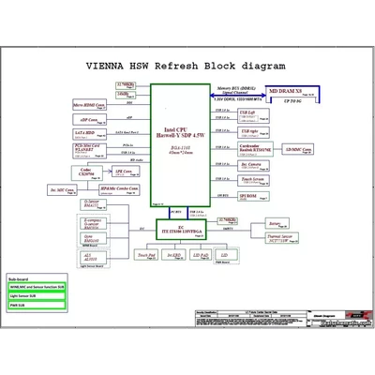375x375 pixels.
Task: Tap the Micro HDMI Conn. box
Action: [x=89, y=106]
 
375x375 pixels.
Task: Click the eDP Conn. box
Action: [x=89, y=120]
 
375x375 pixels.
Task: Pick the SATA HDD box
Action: [x=89, y=134]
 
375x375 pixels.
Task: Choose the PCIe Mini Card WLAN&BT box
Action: [x=89, y=148]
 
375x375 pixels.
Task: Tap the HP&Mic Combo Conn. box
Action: [x=121, y=189]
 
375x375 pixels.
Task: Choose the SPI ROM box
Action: [x=249, y=196]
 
